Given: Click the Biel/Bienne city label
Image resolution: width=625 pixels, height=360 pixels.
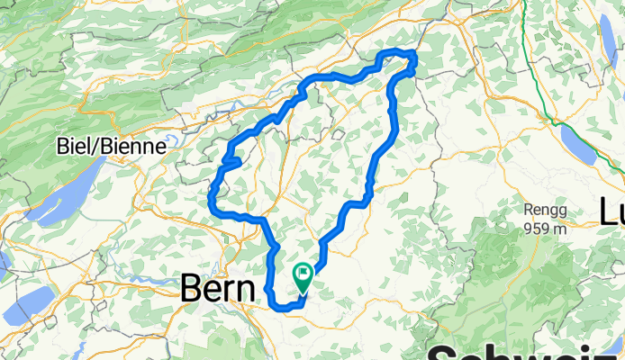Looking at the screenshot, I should pos(112,146).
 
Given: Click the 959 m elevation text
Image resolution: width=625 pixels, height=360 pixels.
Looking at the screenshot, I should pos(546,227).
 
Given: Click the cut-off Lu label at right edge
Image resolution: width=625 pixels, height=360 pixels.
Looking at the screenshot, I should pos(611,211).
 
